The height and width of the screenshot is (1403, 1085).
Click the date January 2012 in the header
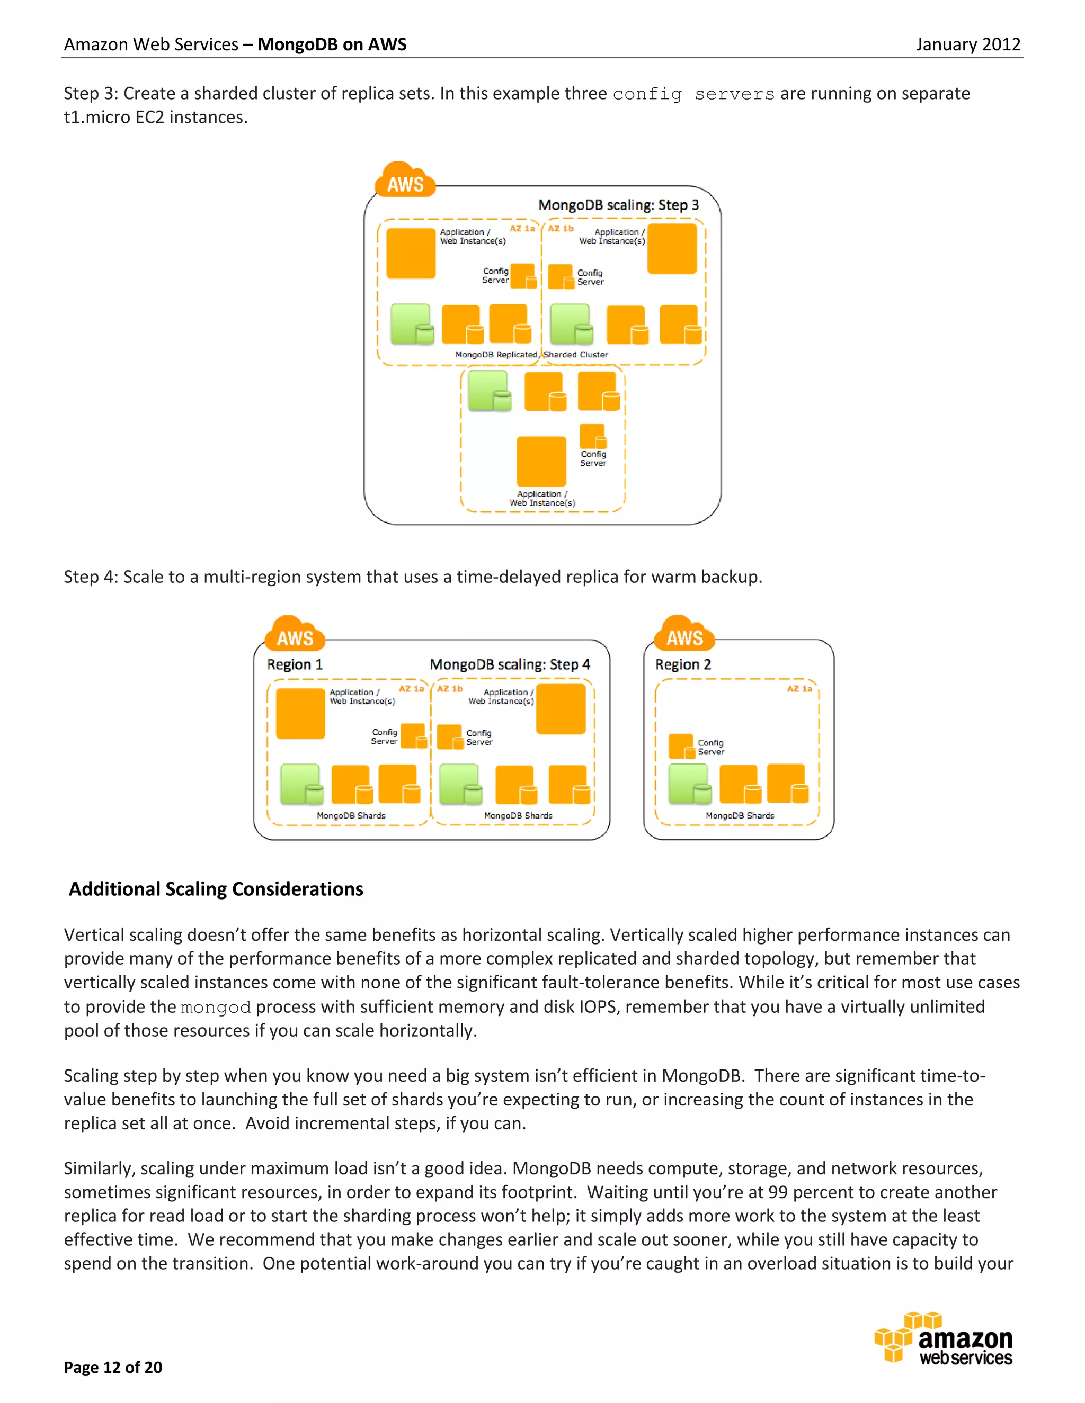(x=967, y=44)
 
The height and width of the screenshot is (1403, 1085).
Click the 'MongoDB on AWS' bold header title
(x=332, y=44)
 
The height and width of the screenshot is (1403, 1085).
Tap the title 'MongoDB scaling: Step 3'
(x=618, y=205)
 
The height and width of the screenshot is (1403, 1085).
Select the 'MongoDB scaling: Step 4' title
(x=509, y=664)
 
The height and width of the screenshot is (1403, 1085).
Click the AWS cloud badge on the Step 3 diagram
(x=405, y=182)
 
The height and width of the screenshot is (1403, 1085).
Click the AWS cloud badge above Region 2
(x=684, y=635)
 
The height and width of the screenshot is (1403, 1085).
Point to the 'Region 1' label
(x=295, y=664)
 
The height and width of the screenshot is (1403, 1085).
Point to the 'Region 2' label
(x=682, y=664)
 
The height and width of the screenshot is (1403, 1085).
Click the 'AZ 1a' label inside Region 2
(x=799, y=689)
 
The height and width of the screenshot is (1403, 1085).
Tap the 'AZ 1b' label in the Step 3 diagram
(x=561, y=229)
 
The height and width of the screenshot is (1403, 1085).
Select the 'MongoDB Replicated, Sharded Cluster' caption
(x=531, y=355)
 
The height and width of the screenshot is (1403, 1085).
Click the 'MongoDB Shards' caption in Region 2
(x=739, y=815)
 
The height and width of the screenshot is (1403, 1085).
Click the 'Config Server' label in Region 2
(x=710, y=747)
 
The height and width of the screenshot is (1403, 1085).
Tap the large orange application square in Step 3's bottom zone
(x=541, y=461)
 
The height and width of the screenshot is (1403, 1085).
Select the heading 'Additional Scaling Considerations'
(x=216, y=889)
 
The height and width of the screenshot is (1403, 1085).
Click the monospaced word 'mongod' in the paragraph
(x=215, y=1008)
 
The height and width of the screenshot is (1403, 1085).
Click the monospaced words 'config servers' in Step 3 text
(x=693, y=94)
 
